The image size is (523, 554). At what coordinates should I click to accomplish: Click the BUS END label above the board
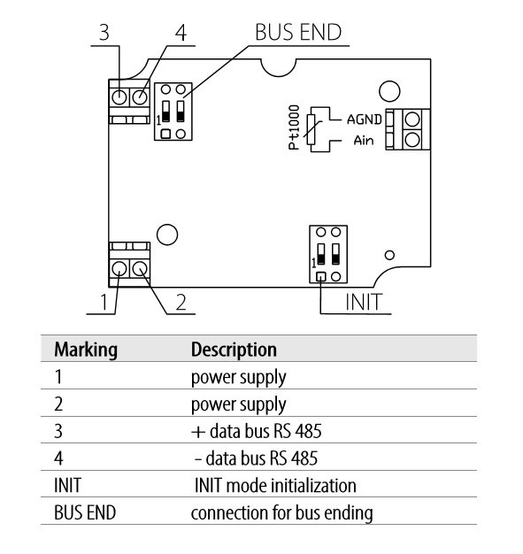point(298,34)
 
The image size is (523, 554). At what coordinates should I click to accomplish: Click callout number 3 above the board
point(104,34)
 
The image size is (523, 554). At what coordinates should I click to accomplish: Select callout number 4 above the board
point(181,34)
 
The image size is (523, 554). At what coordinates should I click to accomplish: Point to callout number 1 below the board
point(104,302)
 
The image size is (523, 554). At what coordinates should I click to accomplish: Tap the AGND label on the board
point(363,118)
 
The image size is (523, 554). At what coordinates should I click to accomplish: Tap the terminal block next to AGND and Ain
point(410,129)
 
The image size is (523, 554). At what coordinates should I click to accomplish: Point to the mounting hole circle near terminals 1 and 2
point(165,235)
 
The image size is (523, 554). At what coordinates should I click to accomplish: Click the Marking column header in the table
point(86,349)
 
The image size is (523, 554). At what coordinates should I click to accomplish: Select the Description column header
point(234,349)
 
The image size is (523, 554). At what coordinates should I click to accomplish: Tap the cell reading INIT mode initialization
point(275,486)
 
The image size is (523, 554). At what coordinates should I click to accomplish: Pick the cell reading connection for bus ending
point(281,512)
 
